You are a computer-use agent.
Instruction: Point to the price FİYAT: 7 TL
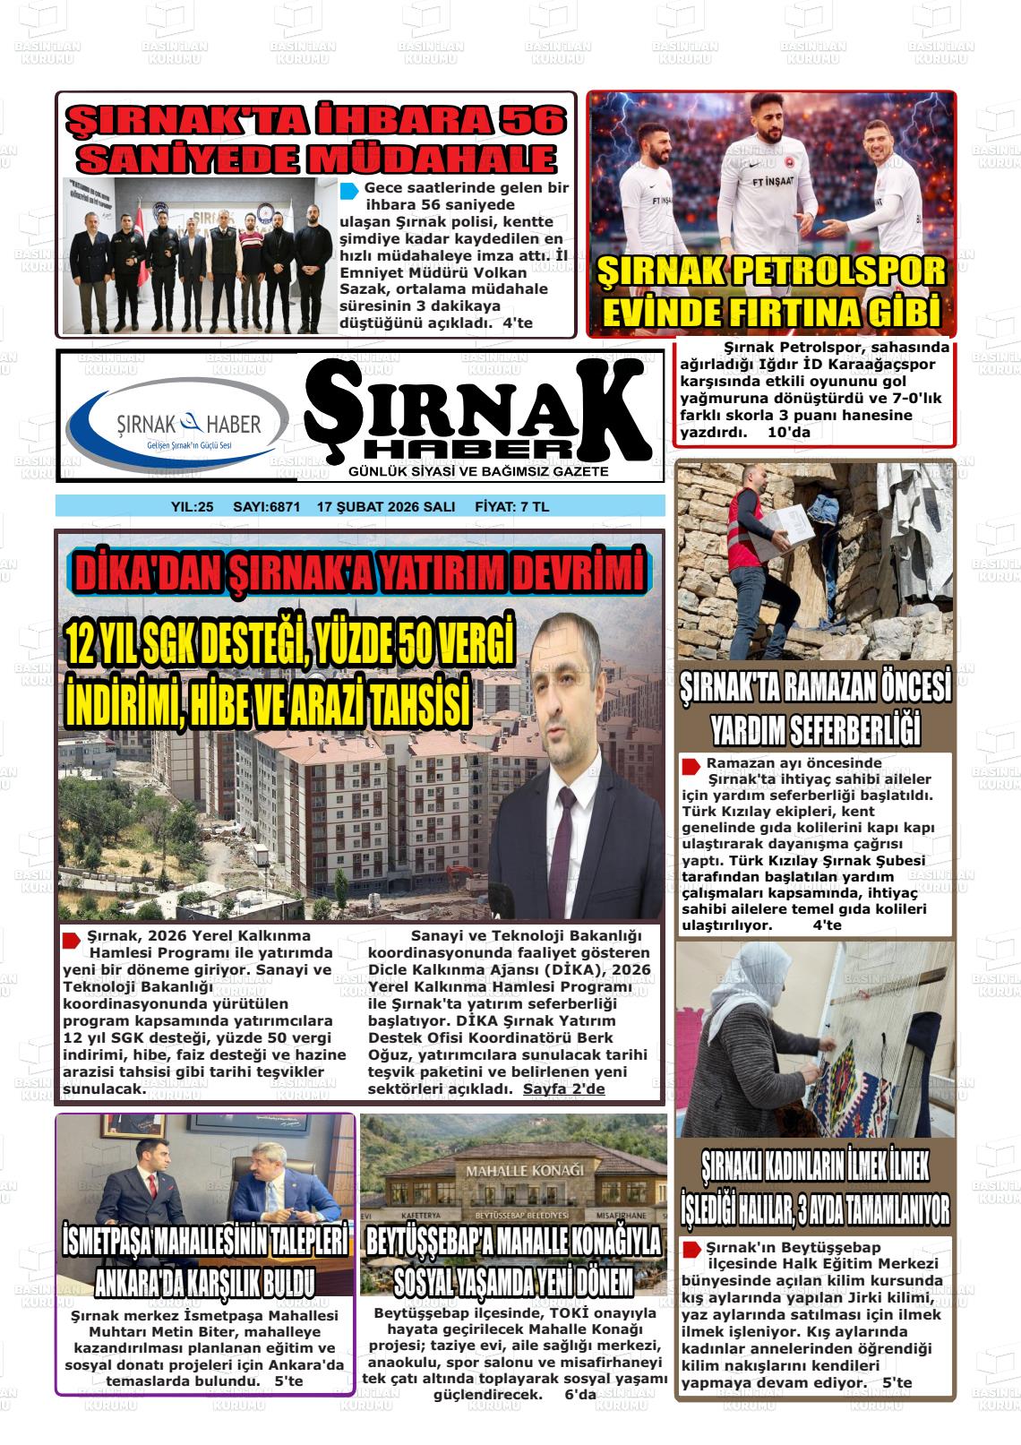511,507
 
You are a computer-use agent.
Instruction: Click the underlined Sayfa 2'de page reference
563,1089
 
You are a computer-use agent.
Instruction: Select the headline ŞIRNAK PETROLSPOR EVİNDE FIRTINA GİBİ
771,292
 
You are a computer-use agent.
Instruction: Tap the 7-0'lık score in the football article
904,398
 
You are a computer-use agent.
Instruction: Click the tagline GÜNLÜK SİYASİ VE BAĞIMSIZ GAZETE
478,472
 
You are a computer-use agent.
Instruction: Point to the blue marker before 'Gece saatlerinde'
349,191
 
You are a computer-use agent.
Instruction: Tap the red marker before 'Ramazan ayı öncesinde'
691,766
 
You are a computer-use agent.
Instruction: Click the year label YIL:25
192,507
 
